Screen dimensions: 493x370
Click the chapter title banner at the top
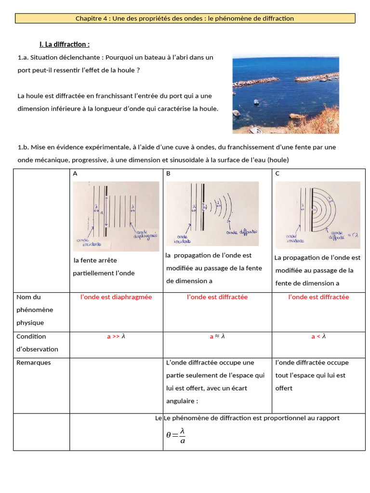point(185,18)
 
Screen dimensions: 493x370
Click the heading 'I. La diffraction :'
point(65,44)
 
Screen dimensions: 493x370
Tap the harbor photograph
point(285,94)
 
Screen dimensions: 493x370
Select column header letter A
point(75,173)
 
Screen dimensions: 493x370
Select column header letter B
point(168,173)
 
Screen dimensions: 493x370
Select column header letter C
point(277,173)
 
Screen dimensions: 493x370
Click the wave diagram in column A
point(116,216)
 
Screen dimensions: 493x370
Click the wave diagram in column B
point(212,213)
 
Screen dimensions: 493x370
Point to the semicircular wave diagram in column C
point(317,215)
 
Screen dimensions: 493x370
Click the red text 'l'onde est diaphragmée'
point(116,297)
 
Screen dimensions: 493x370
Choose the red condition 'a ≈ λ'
point(217,337)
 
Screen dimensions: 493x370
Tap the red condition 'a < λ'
point(318,337)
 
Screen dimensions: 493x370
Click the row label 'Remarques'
point(34,363)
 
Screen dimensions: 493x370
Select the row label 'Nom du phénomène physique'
point(35,310)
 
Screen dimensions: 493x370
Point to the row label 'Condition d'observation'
point(37,343)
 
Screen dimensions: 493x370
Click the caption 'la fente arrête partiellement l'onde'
point(104,267)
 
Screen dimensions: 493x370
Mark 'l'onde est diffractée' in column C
point(318,297)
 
